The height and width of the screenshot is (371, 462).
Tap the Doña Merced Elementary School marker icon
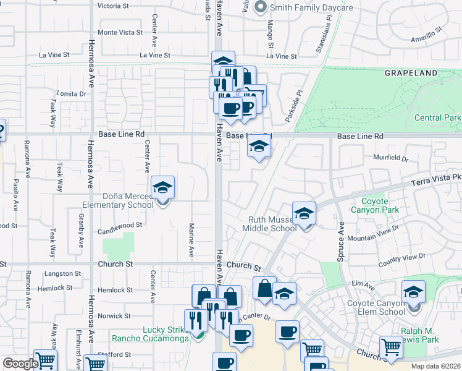pyautogui.click(x=162, y=187)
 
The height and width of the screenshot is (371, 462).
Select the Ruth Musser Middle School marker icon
pyautogui.click(x=303, y=213)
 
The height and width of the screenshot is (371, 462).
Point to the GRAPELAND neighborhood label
pyautogui.click(x=411, y=73)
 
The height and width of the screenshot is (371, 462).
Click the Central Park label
pyautogui.click(x=437, y=117)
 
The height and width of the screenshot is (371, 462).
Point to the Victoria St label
pyautogui.click(x=113, y=6)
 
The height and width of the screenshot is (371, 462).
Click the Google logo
pyautogui.click(x=20, y=364)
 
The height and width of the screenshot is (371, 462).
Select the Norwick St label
pyautogui.click(x=111, y=315)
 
